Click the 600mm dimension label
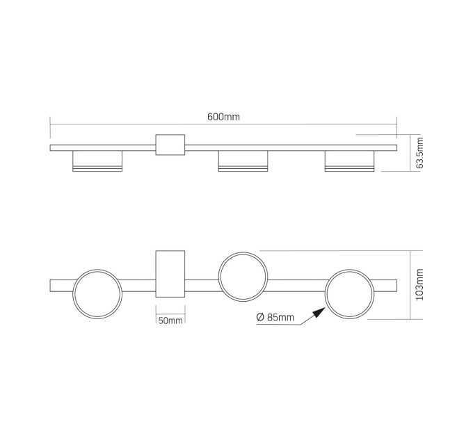[x=223, y=117]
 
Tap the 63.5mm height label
[x=419, y=153]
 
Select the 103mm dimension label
[x=419, y=284]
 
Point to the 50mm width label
[x=170, y=320]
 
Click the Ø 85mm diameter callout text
[x=275, y=317]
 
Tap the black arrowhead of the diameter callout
[x=319, y=313]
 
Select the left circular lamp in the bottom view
[x=97, y=269]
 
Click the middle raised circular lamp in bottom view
[x=243, y=252]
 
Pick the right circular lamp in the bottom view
[x=349, y=270]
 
